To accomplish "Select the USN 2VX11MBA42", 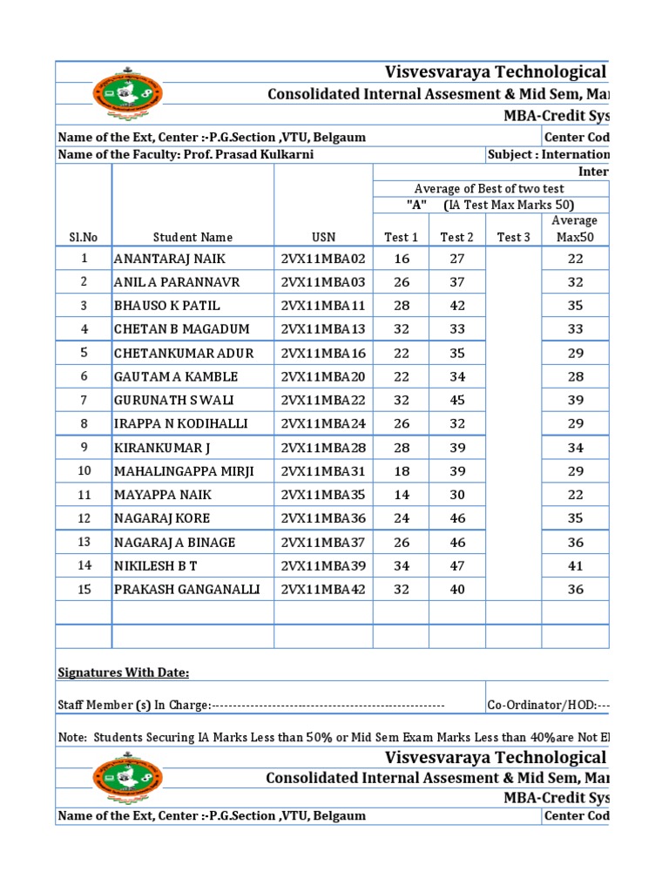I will (x=323, y=589).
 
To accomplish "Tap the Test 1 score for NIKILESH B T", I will (x=401, y=565).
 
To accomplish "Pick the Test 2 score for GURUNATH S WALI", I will (x=456, y=400).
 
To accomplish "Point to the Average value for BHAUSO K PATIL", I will (x=575, y=306).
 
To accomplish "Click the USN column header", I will (x=323, y=237).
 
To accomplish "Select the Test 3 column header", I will (x=513, y=237).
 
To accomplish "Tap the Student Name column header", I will (x=193, y=237).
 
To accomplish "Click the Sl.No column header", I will (x=84, y=237).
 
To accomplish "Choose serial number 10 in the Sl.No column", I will (x=84, y=471).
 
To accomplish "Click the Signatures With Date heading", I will (x=123, y=672).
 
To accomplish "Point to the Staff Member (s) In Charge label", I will (x=133, y=706).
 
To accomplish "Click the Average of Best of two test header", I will (x=489, y=189).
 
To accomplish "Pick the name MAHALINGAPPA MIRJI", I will (x=184, y=471).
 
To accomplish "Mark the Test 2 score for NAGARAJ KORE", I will (x=456, y=518).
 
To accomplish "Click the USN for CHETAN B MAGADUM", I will (x=323, y=329).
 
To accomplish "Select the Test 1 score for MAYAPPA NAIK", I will (x=401, y=495).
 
